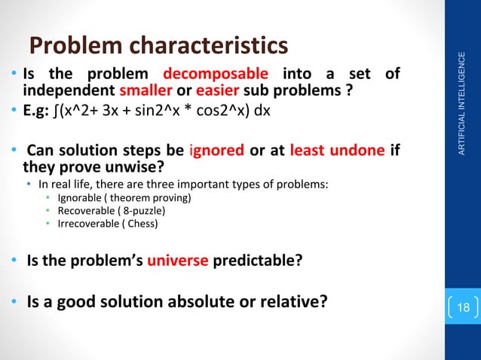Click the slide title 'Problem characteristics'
158,46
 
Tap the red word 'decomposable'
216,75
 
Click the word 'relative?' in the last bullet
294,303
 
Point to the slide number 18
463,308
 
